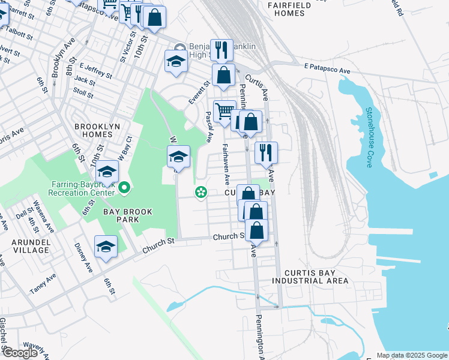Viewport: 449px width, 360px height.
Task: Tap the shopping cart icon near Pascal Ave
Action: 224,111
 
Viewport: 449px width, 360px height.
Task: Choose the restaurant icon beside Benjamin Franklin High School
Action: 222,50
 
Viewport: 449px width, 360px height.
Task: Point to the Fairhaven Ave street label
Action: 227,164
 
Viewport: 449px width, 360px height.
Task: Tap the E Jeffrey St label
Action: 96,71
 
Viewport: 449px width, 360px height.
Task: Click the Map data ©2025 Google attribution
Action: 412,355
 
